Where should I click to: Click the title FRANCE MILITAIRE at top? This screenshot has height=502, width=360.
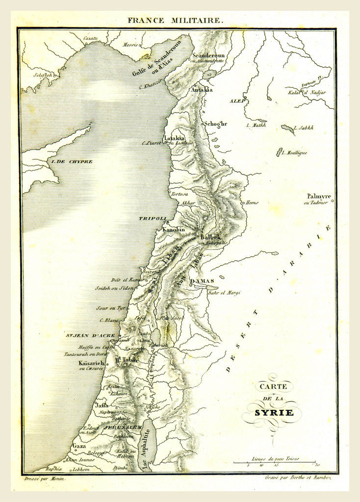[176, 21]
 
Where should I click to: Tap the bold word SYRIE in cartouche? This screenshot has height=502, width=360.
[274, 412]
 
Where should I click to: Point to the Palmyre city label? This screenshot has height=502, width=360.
[319, 196]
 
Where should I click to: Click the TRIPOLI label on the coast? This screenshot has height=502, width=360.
[153, 218]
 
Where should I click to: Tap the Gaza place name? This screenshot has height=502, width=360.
[78, 446]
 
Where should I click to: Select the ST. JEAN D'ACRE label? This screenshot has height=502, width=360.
[90, 335]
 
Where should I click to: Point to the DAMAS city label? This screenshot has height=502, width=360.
[201, 281]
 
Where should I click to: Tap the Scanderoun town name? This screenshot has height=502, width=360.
[208, 55]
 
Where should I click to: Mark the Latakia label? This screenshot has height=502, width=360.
[174, 138]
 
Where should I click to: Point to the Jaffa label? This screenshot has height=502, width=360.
[102, 405]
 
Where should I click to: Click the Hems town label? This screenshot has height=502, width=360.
[252, 201]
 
